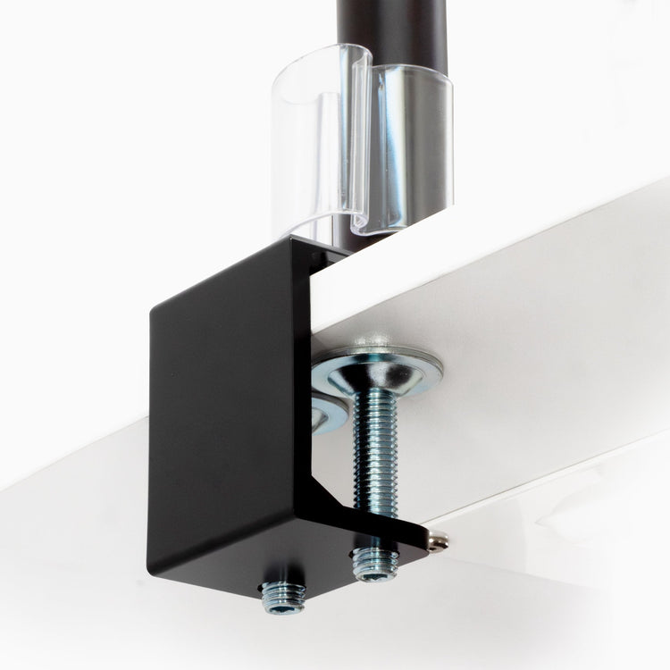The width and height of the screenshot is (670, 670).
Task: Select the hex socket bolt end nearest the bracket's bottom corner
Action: [282, 596]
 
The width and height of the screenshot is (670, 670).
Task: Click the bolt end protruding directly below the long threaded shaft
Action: [375, 563]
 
